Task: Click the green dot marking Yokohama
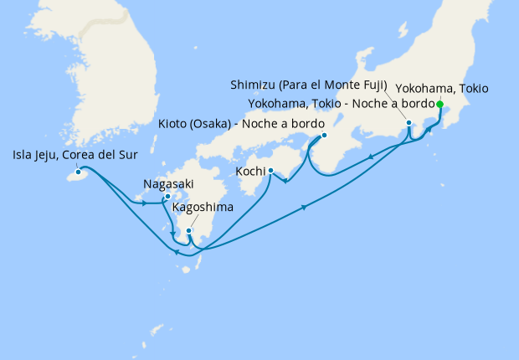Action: [x=439, y=104]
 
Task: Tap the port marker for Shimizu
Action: [x=409, y=123]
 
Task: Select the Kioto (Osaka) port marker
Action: [x=324, y=135]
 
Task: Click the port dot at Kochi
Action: [x=270, y=171]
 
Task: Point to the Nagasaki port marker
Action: [x=168, y=197]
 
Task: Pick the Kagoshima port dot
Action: [x=189, y=230]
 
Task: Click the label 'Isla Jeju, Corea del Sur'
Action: [x=75, y=156]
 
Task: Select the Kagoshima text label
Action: [x=202, y=206]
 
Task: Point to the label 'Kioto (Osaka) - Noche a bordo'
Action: [x=241, y=124]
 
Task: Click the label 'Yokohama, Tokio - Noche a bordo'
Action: [x=342, y=104]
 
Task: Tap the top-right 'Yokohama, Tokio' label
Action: [x=441, y=88]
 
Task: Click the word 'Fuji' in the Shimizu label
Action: [x=369, y=85]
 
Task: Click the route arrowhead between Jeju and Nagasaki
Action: [x=145, y=203]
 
